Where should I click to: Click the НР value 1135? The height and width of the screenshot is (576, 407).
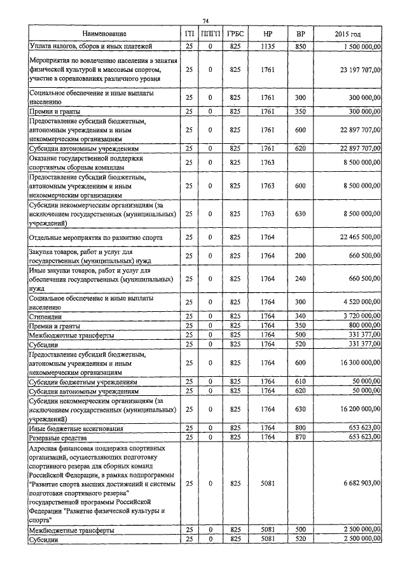click(267, 46)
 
